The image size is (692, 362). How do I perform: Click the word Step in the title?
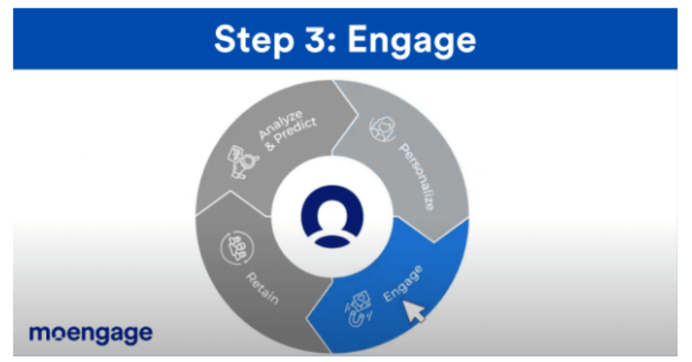(254, 40)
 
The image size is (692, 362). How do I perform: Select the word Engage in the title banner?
(412, 41)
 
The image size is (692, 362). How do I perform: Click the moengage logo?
(91, 334)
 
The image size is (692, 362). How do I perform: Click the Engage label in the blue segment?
(403, 284)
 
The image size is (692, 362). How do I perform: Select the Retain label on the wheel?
(262, 288)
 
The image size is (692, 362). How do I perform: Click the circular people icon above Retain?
(237, 248)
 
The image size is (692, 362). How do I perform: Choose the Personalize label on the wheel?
(417, 176)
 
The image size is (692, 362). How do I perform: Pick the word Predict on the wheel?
(296, 131)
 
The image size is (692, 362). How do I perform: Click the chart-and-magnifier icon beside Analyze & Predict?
(242, 162)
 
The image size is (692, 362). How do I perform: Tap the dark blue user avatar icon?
(332, 217)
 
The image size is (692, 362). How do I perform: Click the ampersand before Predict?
(270, 146)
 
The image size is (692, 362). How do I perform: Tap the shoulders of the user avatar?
(332, 242)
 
